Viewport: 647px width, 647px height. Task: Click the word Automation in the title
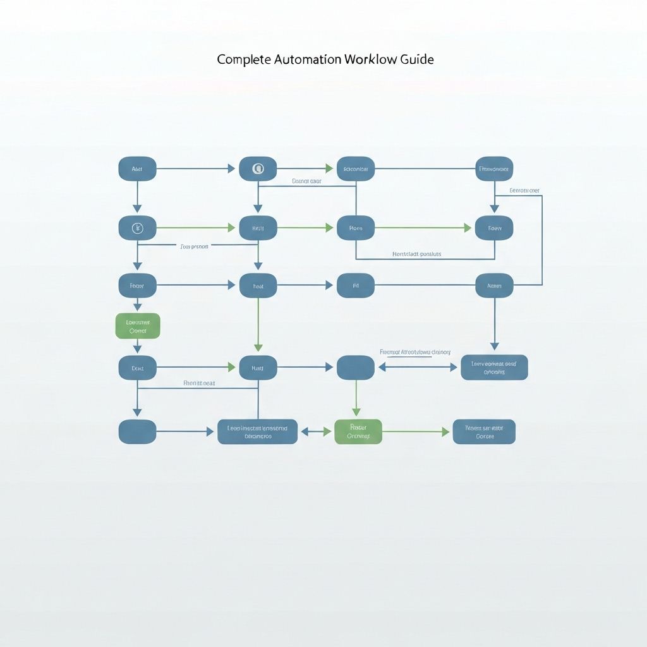pos(308,59)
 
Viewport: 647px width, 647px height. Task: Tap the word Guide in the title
pos(416,59)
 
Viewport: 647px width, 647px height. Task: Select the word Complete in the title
pos(243,59)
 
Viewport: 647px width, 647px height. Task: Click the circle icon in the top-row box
pos(258,169)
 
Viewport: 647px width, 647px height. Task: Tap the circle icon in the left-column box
pos(137,228)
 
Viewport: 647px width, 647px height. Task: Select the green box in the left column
pos(138,325)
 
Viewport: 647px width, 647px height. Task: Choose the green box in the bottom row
pos(358,432)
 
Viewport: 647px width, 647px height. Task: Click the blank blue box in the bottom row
pos(137,432)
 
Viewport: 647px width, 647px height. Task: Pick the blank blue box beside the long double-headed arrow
pos(356,367)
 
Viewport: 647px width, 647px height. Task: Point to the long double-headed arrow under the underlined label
pos(418,367)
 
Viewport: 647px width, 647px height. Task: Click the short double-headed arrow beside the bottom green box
pos(316,432)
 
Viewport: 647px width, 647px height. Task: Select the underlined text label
pos(414,352)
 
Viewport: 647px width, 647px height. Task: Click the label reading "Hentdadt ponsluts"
pos(416,254)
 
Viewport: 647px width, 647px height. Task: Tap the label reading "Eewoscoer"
pos(524,190)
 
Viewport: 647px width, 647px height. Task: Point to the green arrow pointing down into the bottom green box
pos(356,398)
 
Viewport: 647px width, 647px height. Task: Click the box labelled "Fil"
pos(356,286)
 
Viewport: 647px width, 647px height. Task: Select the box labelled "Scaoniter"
pos(356,169)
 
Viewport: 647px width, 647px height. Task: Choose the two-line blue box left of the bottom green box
pos(257,432)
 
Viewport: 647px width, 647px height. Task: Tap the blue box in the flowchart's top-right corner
pos(494,169)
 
